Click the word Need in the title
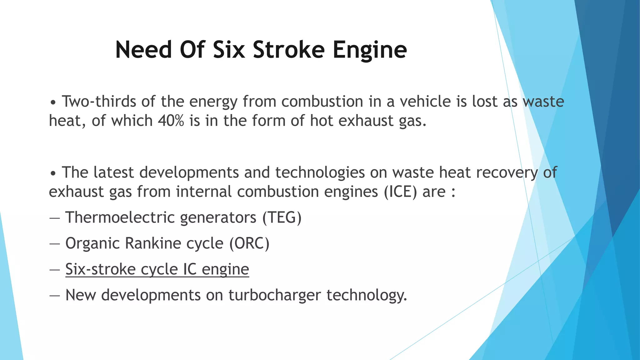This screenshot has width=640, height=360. tap(143, 50)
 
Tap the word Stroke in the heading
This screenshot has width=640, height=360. tap(289, 50)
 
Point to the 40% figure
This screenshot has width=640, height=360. tap(171, 121)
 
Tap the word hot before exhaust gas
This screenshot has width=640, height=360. tap(322, 121)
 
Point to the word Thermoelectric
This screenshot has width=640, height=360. tap(120, 217)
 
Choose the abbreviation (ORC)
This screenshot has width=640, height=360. tap(249, 243)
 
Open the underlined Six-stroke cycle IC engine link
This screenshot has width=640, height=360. tap(157, 269)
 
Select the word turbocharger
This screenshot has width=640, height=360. tap(275, 295)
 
